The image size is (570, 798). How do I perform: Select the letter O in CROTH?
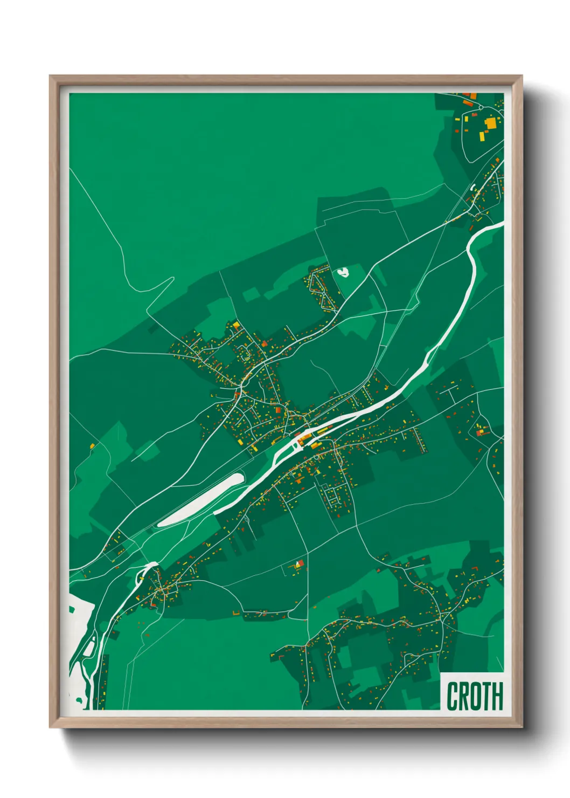474,696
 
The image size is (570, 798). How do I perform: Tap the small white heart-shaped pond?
343,272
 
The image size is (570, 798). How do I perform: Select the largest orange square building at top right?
490,123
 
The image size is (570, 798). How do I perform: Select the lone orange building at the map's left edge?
92,446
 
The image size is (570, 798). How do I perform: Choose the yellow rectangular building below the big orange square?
482,136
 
